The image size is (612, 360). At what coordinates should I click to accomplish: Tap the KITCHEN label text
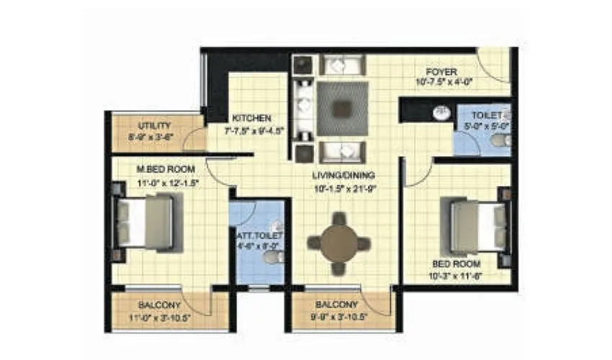[251, 118]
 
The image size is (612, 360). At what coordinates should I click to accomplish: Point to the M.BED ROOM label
[166, 169]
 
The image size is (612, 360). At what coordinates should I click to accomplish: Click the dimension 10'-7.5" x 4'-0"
[442, 83]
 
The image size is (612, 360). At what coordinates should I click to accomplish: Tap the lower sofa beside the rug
[342, 151]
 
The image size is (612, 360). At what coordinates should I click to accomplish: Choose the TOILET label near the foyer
[487, 115]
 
